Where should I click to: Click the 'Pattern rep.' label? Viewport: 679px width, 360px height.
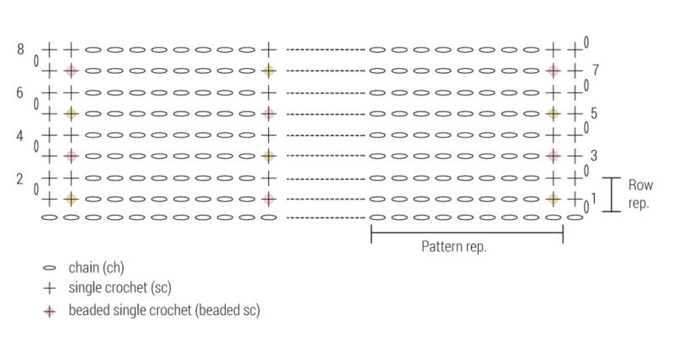pos(454,248)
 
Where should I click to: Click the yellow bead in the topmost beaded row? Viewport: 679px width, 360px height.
pos(269,70)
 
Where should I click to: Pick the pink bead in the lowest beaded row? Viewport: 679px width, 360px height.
pos(269,199)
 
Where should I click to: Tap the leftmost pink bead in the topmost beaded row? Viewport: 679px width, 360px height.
pos(71,70)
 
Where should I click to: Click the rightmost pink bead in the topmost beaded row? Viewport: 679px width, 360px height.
pos(553,70)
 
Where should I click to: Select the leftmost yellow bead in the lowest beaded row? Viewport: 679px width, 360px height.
pos(71,199)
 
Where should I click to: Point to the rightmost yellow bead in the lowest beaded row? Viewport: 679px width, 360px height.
pos(553,199)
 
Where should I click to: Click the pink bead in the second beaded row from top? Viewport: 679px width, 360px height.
pos(269,113)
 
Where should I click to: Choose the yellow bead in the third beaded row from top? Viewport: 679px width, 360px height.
pos(269,155)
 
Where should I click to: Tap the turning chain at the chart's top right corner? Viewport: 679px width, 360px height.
pos(586,41)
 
